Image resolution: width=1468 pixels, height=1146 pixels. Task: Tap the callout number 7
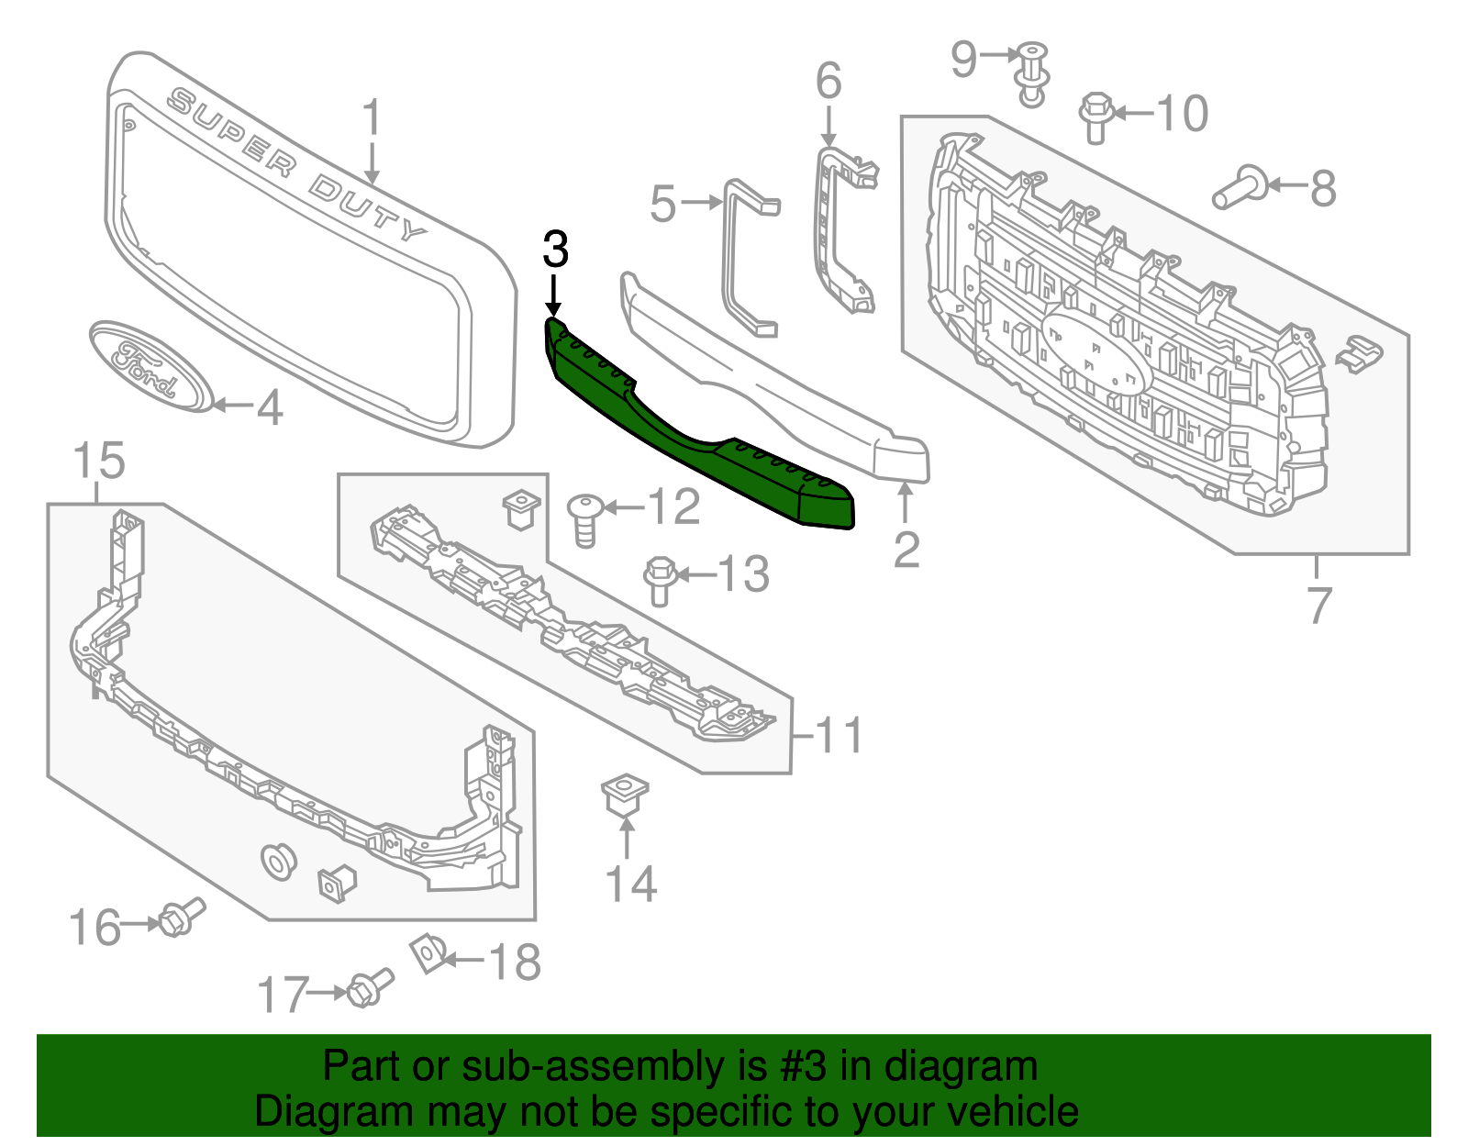pyautogui.click(x=1318, y=606)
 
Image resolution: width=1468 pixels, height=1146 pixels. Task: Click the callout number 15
pyautogui.click(x=98, y=461)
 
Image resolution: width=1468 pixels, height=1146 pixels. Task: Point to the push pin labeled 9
pyautogui.click(x=1033, y=72)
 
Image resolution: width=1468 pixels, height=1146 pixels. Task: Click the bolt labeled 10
pyautogui.click(x=1096, y=117)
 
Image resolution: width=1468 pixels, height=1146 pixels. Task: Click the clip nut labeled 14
pyautogui.click(x=626, y=795)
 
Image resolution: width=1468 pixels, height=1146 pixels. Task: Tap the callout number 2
pyautogui.click(x=906, y=550)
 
